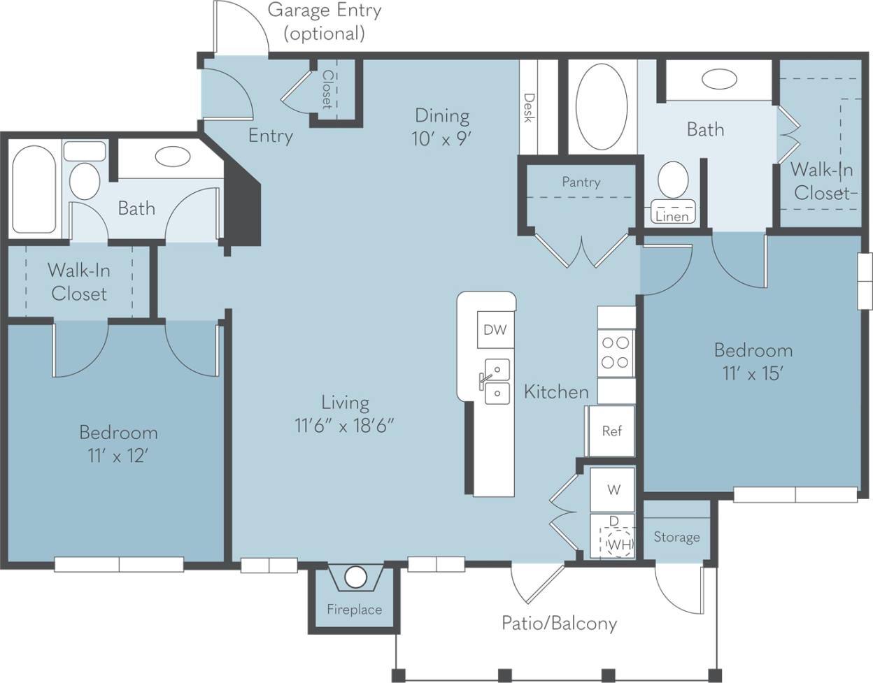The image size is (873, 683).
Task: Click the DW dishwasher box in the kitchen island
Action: pos(495,329)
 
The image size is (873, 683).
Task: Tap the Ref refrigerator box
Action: pos(611,431)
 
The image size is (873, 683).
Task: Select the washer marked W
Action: pos(613,489)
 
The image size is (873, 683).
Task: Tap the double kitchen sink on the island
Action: pos(497,380)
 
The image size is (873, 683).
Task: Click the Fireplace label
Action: pos(355,610)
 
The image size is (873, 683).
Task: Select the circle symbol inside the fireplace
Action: pos(355,577)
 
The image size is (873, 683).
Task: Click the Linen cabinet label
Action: pos(672,217)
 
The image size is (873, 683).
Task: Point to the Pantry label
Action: pos(581,182)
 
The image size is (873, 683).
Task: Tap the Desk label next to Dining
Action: pos(529,108)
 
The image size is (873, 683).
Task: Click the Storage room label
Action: pos(676,537)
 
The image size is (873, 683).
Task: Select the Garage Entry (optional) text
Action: pos(325,22)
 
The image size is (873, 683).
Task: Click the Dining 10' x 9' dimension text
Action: pos(441,138)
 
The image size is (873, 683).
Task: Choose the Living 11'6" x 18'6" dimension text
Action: pos(345,425)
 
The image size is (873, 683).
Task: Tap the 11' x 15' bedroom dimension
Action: pos(753,374)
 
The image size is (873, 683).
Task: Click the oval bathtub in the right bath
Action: pos(602,107)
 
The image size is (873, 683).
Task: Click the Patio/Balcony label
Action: pos(559,623)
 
